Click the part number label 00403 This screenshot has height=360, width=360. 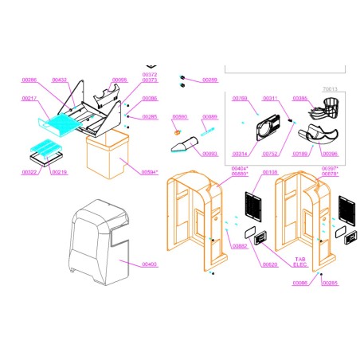click(150, 264)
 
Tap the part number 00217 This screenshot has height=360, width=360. click(29, 98)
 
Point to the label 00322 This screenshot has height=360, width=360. click(29, 172)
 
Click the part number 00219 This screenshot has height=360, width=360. click(60, 172)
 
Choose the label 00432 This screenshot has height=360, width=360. click(60, 80)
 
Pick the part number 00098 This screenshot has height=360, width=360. click(119, 80)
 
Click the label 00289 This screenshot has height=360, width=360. click(209, 80)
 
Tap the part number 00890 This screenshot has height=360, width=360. click(180, 117)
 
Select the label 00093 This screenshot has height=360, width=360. click(209, 154)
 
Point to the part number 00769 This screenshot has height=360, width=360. click(241, 98)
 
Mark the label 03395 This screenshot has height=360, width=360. click(300, 98)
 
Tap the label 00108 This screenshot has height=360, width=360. click(270, 172)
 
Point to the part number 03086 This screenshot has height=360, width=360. click(300, 283)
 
